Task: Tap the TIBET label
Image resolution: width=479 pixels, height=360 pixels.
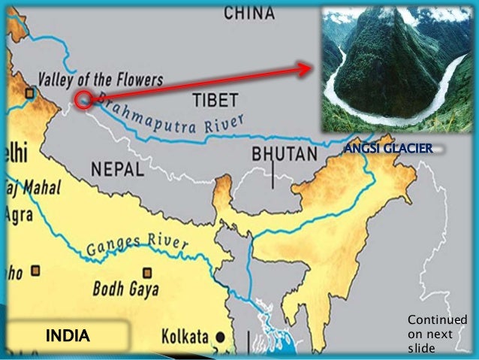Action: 215,99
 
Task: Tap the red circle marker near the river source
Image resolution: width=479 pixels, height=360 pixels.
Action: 83,98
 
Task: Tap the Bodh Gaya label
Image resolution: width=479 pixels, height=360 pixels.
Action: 123,287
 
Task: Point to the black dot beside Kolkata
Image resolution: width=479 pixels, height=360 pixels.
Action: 221,335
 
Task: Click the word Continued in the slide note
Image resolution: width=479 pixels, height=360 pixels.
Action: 437,321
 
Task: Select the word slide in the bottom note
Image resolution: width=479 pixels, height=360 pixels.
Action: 421,348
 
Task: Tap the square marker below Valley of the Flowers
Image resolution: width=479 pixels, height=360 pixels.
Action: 29,93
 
